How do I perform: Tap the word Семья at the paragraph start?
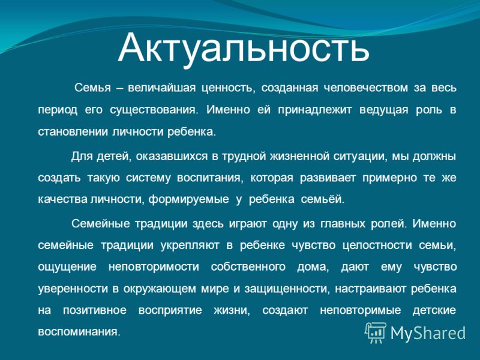tap(92, 88)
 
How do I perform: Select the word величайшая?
tap(161, 88)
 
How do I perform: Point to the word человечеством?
tap(366, 88)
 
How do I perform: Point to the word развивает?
tap(328, 178)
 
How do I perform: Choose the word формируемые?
tap(188, 200)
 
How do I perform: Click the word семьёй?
tap(323, 199)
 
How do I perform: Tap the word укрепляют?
tap(190, 245)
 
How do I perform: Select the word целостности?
tap(377, 245)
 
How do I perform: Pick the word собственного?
tap(248, 267)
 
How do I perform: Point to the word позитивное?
tap(95, 310)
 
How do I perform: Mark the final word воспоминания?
tap(79, 332)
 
